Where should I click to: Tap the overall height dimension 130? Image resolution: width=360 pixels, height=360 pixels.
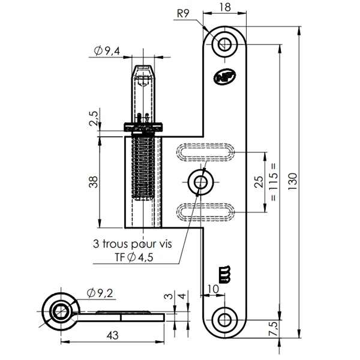click(x=293, y=179)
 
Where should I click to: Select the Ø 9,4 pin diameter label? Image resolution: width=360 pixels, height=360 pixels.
click(x=107, y=52)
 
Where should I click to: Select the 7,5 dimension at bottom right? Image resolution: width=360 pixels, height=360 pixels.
click(x=274, y=329)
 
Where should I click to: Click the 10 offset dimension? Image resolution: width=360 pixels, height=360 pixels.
click(x=213, y=289)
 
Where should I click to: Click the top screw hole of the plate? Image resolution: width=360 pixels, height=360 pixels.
click(x=226, y=43)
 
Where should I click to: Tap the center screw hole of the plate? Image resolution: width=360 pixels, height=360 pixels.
click(x=200, y=181)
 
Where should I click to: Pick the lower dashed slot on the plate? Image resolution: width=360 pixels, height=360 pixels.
click(x=206, y=211)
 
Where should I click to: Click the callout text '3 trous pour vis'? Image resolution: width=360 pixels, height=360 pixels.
click(x=131, y=244)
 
